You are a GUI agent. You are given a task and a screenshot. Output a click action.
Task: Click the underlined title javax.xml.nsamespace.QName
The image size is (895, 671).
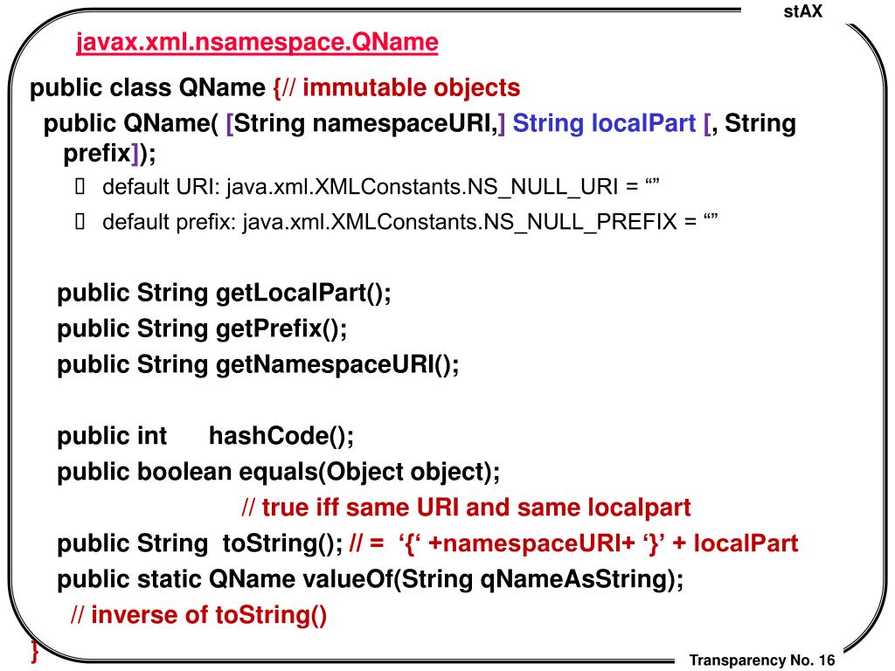[256, 43]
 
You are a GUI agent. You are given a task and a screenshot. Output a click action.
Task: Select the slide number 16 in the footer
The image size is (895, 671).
[827, 661]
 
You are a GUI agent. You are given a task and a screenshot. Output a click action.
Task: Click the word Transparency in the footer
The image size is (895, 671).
[738, 661]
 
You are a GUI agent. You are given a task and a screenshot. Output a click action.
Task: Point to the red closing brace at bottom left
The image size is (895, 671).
[34, 651]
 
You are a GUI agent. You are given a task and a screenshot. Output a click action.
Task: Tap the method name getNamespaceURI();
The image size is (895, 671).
[336, 365]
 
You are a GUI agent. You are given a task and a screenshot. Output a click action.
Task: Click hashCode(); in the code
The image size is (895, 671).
[281, 435]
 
